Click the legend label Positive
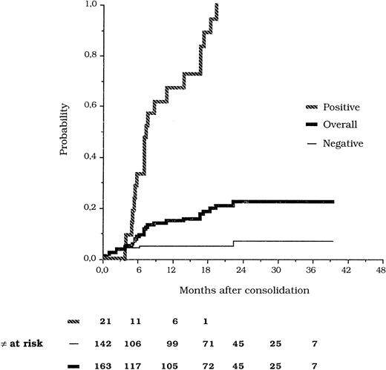[341, 107]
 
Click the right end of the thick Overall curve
[333, 202]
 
